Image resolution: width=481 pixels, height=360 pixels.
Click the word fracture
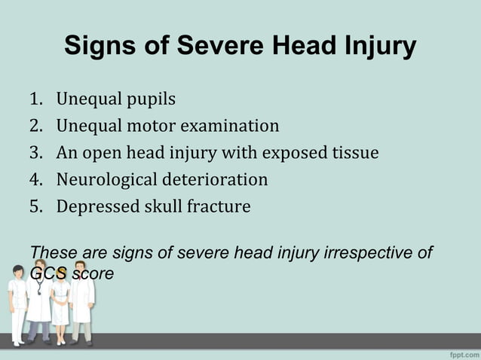(218, 206)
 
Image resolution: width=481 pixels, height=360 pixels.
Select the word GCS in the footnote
(47, 273)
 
